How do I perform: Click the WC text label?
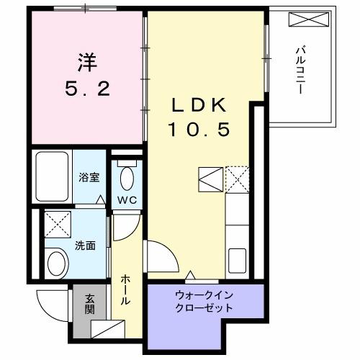128,199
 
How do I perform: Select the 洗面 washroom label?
85,244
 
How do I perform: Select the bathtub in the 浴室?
50,177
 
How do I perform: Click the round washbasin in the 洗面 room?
56,264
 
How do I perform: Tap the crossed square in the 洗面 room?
55,224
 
